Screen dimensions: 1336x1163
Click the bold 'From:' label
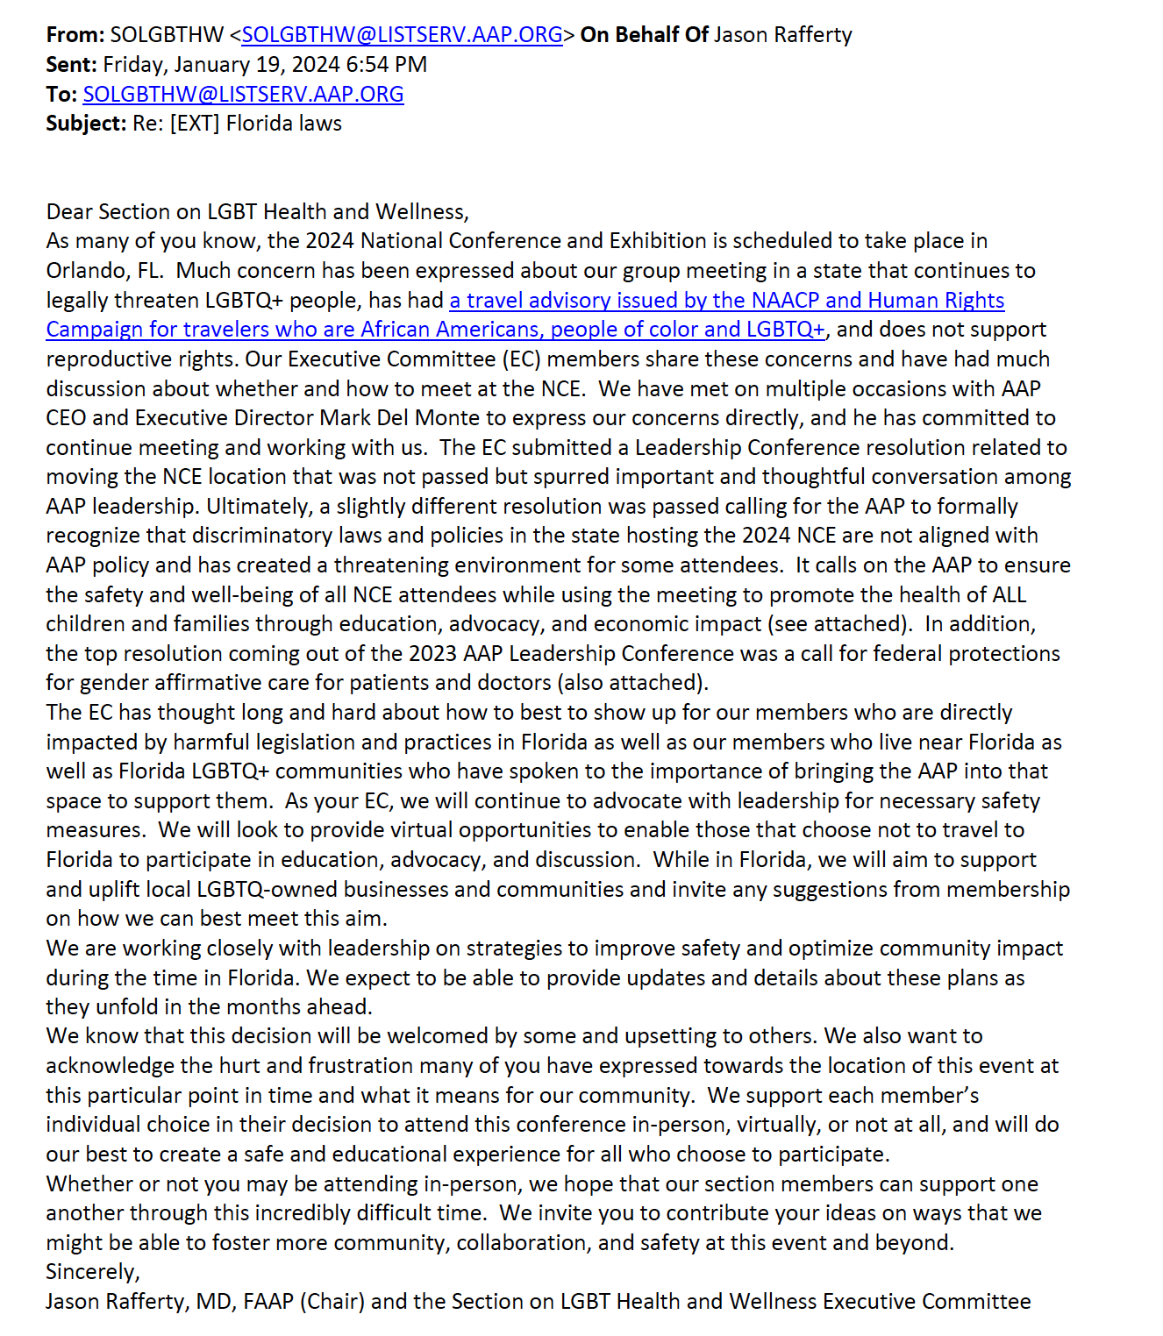pos(75,35)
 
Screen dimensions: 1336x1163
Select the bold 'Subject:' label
pos(86,124)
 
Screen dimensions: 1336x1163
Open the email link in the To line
pos(243,94)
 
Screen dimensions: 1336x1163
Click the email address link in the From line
pos(402,35)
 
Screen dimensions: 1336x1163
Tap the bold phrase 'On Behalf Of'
pos(644,35)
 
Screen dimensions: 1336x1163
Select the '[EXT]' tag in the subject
pos(195,124)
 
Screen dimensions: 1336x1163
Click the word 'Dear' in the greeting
pos(69,212)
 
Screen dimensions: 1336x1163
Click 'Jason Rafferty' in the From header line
pos(782,35)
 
